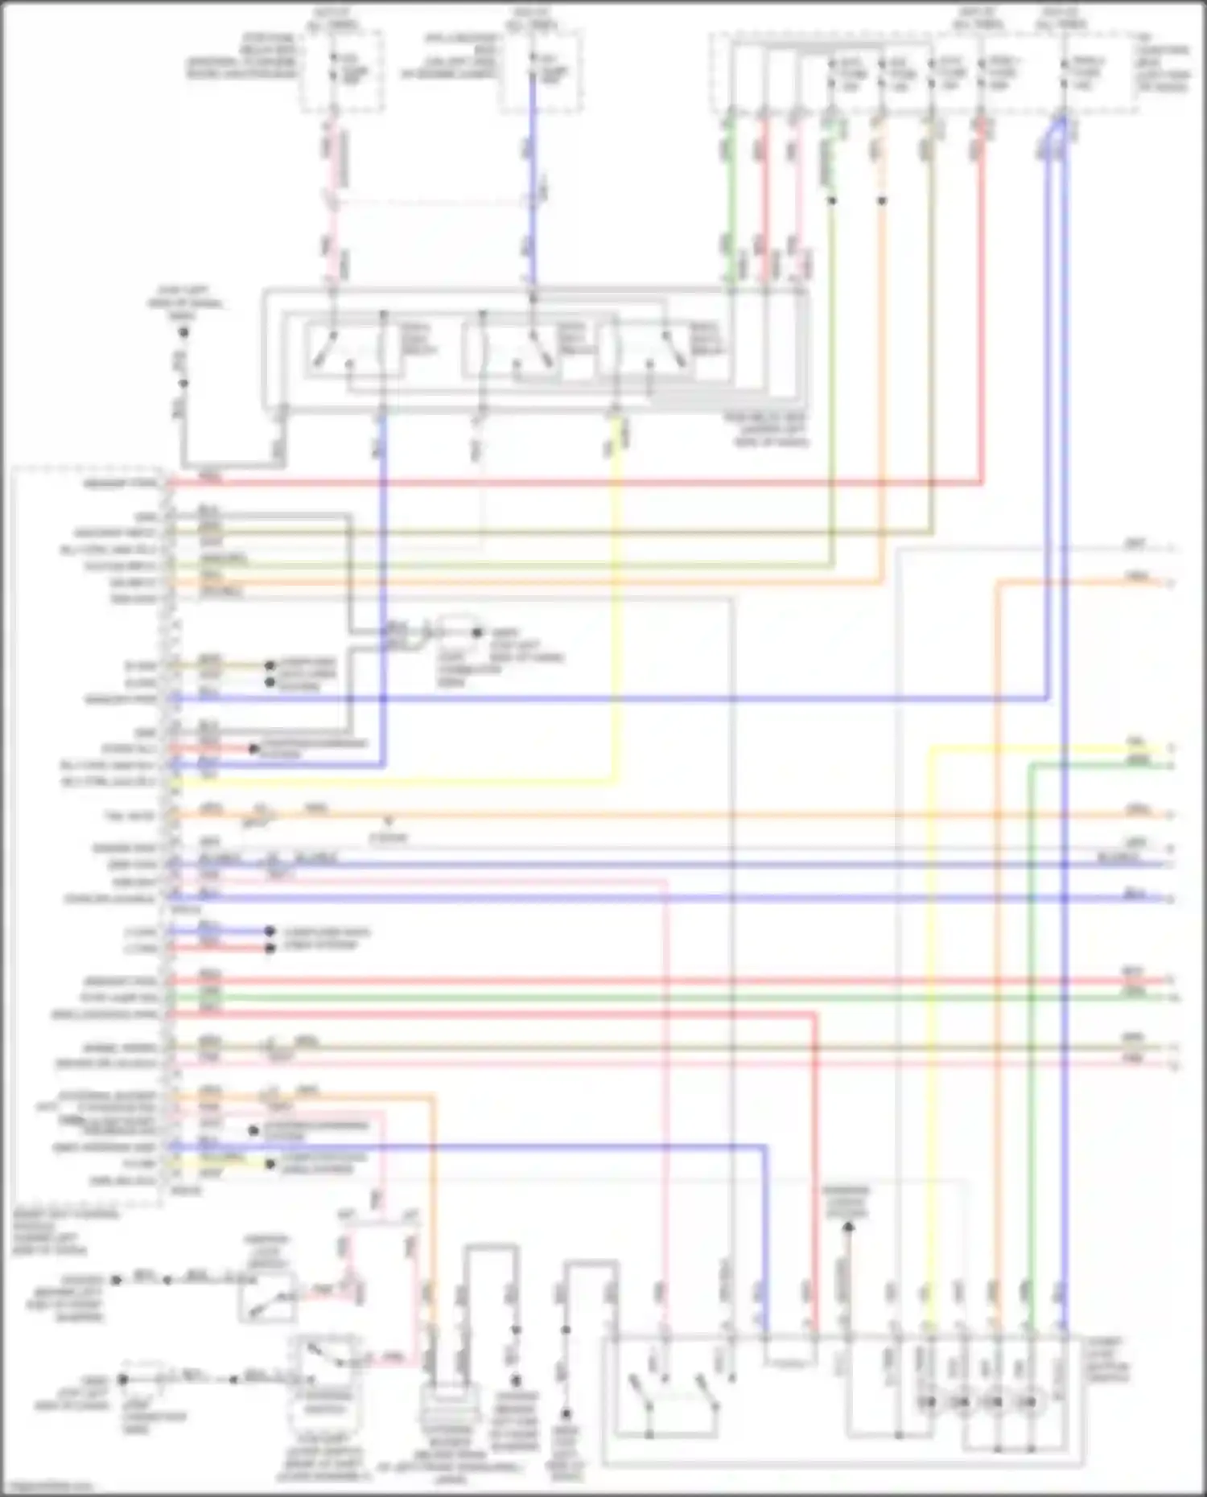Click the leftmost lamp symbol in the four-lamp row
[x=928, y=1402]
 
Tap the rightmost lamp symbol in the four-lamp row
[x=1029, y=1402]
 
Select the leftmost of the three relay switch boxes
[x=345, y=352]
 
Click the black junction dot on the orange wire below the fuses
[x=882, y=200]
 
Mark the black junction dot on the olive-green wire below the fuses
[x=832, y=200]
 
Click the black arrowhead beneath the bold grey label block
[x=847, y=1228]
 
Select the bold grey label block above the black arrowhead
[x=846, y=1201]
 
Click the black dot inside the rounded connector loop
[x=477, y=632]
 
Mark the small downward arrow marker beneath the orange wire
[x=388, y=822]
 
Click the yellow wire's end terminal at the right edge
[x=1171, y=749]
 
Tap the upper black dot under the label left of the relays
[x=183, y=331]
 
